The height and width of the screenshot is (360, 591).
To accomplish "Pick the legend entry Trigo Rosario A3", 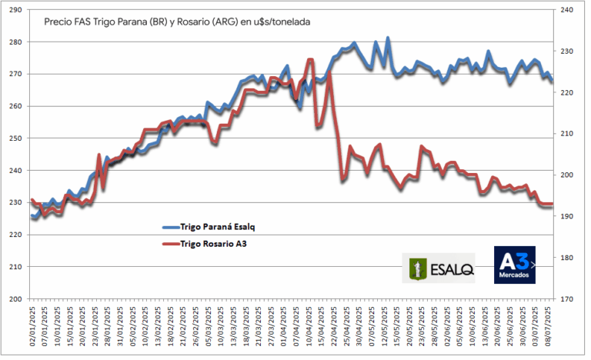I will tap(214, 243).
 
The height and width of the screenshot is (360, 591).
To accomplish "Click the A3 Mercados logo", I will tap(514, 264).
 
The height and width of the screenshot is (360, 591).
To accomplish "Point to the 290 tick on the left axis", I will tap(15, 10).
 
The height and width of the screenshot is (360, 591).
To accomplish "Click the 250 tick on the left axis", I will tap(15, 138).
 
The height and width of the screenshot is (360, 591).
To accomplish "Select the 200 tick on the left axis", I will tap(15, 298).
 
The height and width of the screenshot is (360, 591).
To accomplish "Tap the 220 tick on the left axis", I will tap(15, 235).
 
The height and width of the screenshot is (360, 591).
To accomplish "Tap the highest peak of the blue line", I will tap(388, 38).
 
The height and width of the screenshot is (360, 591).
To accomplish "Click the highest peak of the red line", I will tap(310, 59).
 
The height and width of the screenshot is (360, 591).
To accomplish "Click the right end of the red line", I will tap(552, 204).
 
